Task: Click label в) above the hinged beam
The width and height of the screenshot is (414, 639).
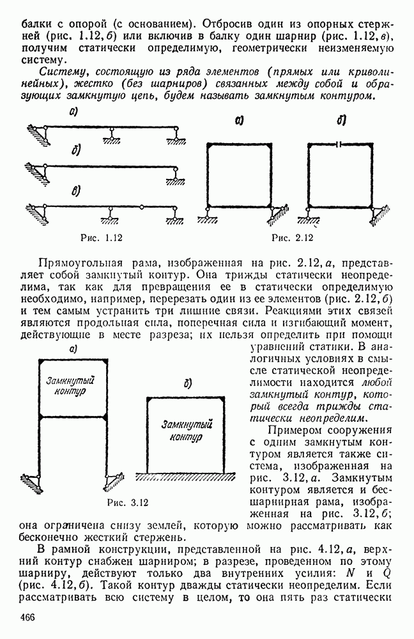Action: coord(76,191)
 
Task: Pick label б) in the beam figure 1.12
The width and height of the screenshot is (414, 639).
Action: coord(76,151)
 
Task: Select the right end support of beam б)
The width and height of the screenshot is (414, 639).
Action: coord(176,172)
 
